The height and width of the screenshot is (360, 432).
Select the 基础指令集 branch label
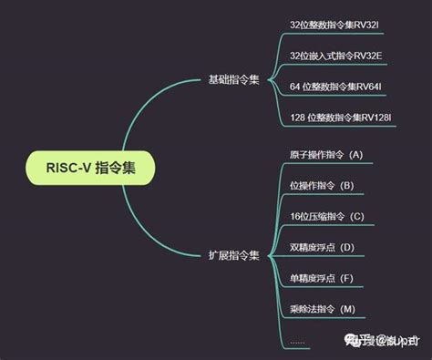tap(233, 79)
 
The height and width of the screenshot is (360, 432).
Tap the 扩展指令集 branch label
tap(233, 256)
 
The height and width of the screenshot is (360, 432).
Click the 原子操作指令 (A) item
tap(324, 154)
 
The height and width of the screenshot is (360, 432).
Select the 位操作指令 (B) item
tap(320, 185)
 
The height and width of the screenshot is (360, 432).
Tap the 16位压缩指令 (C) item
tap(325, 217)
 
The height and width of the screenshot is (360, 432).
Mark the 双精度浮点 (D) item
tap(321, 247)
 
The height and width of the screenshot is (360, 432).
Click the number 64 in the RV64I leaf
tap(295, 87)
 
